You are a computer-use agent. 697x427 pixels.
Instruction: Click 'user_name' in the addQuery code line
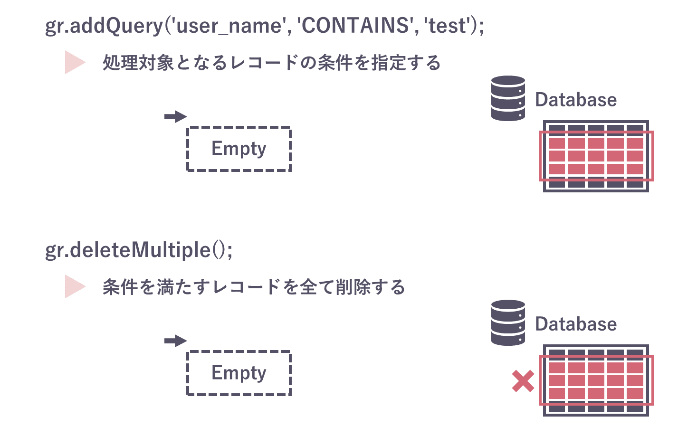pos(229,26)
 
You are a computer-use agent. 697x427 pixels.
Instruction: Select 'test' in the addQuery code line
pos(449,26)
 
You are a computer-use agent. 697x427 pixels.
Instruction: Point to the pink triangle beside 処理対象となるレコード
pos(75,62)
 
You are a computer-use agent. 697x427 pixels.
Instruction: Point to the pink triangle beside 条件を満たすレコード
pos(75,286)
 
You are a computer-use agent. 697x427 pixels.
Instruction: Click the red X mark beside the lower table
pos(523,381)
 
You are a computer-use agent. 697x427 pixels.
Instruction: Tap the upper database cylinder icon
pos(508,98)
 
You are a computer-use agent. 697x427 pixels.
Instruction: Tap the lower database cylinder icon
pos(508,323)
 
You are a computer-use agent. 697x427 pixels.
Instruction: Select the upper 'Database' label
pos(576,100)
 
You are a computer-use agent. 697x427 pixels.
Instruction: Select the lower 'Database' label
pos(576,324)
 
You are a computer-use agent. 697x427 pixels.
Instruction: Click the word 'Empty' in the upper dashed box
pos(239,149)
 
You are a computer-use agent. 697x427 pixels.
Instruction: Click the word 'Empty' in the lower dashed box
pos(239,373)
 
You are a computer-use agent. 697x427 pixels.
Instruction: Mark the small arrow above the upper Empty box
pos(175,116)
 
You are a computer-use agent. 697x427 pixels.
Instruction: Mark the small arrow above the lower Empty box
pos(175,341)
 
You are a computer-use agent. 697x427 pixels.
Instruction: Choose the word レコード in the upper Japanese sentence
pos(264,63)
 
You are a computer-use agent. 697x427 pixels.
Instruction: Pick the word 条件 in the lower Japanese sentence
pos(120,287)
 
